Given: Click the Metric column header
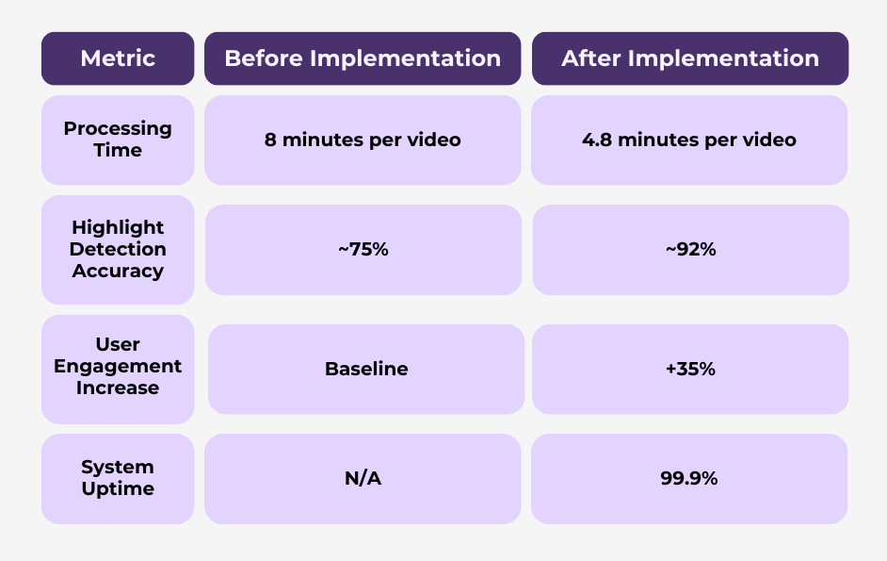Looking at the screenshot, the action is pyautogui.click(x=118, y=58).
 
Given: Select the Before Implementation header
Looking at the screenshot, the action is pyautogui.click(x=363, y=58).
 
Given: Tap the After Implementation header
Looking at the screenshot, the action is pyautogui.click(x=690, y=58).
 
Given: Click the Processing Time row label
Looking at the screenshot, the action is pyautogui.click(x=118, y=140).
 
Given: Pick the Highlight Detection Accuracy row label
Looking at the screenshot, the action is pyautogui.click(x=118, y=249).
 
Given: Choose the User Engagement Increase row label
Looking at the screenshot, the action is pyautogui.click(x=118, y=369).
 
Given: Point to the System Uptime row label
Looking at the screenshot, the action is pyautogui.click(x=118, y=478).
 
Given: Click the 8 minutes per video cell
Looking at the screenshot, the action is pyautogui.click(x=363, y=140).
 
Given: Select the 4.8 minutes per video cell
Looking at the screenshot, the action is pyautogui.click(x=689, y=140).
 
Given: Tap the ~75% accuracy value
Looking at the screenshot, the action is pyautogui.click(x=363, y=249).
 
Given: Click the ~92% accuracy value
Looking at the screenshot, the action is pyautogui.click(x=691, y=249).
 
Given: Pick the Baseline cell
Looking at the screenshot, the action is pyautogui.click(x=366, y=369).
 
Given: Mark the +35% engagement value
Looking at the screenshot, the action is pyautogui.click(x=690, y=369).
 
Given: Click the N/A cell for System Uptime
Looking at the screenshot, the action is pyautogui.click(x=363, y=478).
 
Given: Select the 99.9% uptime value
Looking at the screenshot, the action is pyautogui.click(x=689, y=478).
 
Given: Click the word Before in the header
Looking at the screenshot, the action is pyautogui.click(x=264, y=58).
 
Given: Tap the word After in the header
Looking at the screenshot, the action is pyautogui.click(x=591, y=58).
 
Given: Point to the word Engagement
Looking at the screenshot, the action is pyautogui.click(x=118, y=367).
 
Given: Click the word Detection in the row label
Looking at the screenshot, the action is pyautogui.click(x=118, y=249).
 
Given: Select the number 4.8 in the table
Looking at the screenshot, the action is pyautogui.click(x=597, y=140).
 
